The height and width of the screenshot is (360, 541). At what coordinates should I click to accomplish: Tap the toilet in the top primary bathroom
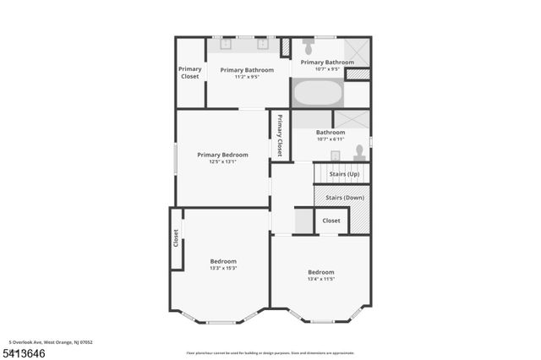(x=308, y=46)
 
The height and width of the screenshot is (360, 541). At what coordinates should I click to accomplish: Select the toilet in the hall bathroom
(x=359, y=152)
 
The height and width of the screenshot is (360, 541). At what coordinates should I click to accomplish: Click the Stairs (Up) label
(x=344, y=174)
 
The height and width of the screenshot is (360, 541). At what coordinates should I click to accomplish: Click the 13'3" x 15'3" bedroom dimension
(x=223, y=270)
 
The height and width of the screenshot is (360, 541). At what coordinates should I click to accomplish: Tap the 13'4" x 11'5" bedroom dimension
(x=320, y=279)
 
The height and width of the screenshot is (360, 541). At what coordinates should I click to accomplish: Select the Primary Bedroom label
(x=222, y=155)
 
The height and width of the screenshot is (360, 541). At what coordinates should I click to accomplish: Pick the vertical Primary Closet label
(x=280, y=135)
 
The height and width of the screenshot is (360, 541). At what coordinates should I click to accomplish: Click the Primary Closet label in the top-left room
(x=190, y=73)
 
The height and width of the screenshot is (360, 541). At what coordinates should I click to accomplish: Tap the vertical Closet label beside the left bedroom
(x=177, y=239)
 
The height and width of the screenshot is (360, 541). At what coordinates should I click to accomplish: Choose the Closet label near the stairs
(x=331, y=221)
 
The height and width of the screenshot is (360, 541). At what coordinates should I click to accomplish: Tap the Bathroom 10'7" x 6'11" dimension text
(x=330, y=139)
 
